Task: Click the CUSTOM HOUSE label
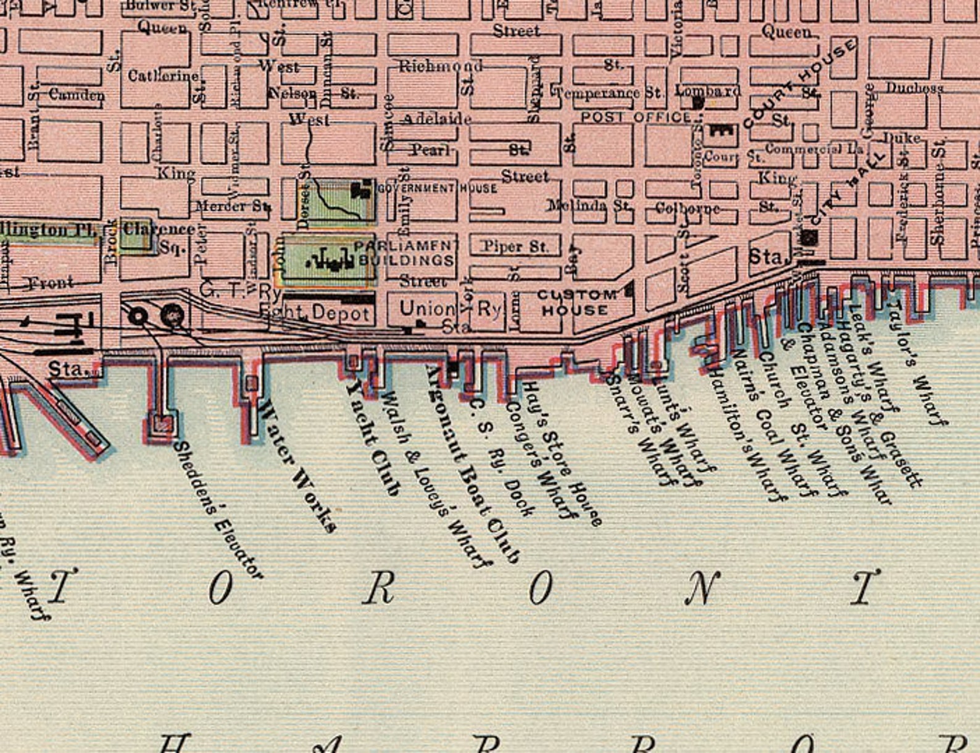576,303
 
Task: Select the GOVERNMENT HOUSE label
437,188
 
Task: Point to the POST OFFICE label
636,117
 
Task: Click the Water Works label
298,467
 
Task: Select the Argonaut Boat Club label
472,463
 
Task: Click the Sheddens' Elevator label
218,510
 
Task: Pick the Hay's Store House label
562,454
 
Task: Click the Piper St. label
515,246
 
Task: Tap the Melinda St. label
589,205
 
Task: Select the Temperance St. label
608,93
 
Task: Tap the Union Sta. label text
432,315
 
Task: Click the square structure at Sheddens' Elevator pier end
163,424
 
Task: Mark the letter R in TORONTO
378,588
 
